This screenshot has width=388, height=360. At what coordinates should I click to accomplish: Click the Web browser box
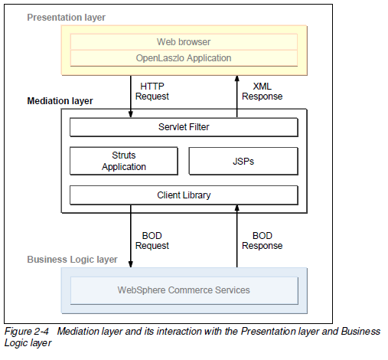[184, 41]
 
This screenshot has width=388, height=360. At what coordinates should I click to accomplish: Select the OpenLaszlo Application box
[184, 57]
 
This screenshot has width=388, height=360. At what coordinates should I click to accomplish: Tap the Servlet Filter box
[184, 126]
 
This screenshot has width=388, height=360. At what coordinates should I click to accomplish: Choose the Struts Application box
[124, 161]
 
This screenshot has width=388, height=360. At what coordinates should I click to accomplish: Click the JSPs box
[243, 161]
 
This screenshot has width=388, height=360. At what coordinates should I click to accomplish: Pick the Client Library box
[184, 195]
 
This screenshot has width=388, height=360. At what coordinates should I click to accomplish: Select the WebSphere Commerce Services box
[184, 290]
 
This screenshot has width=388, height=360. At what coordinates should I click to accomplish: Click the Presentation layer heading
[66, 17]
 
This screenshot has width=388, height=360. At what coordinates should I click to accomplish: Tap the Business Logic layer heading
[73, 260]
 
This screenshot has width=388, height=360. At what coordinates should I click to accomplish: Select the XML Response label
[262, 91]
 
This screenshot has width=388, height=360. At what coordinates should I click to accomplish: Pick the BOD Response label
[262, 240]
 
